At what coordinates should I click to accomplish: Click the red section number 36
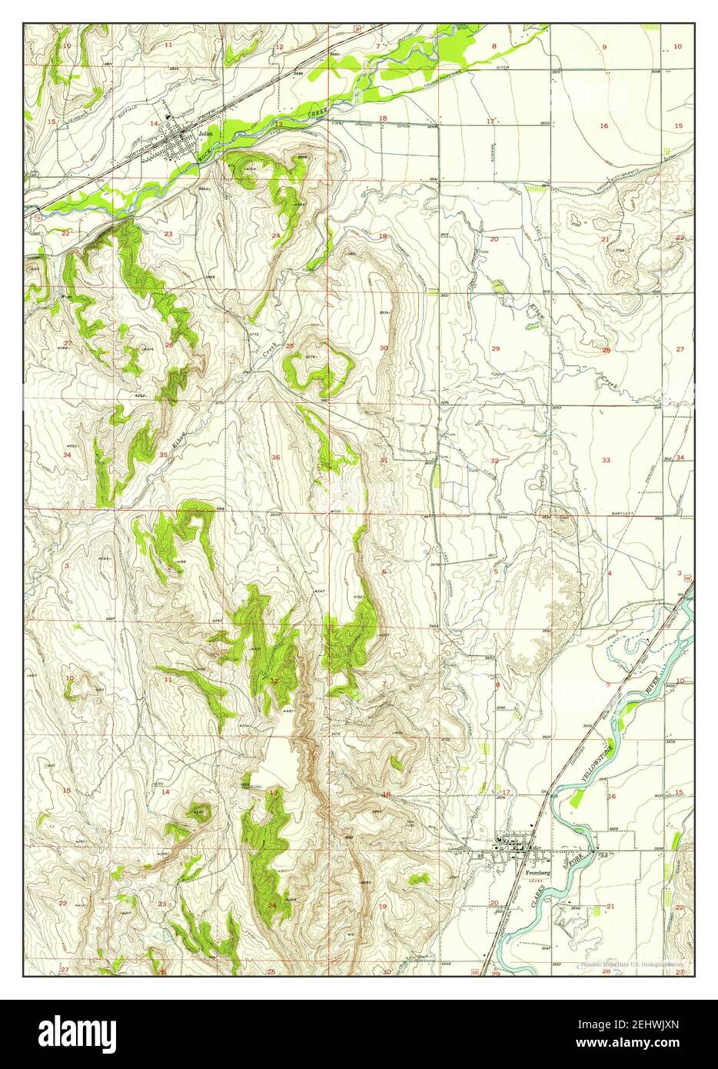click(x=275, y=458)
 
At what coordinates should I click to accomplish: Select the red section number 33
click(x=606, y=460)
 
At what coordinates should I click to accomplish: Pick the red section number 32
click(x=495, y=461)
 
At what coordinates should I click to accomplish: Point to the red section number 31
click(x=384, y=460)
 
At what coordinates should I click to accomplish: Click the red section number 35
click(x=163, y=455)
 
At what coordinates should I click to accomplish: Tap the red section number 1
click(x=277, y=568)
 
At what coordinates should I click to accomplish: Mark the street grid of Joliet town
click(x=184, y=142)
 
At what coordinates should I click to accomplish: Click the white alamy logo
click(x=82, y=1032)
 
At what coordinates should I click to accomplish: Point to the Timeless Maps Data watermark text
click(x=630, y=963)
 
